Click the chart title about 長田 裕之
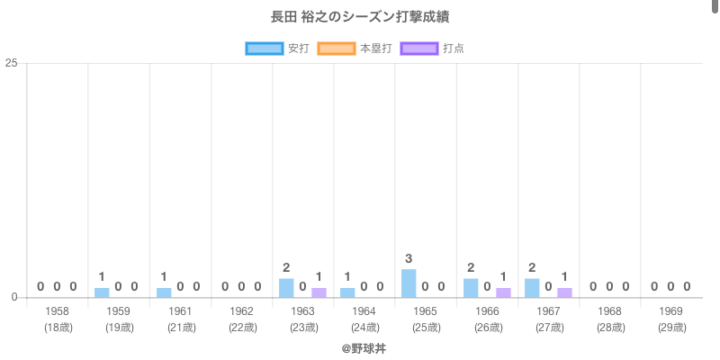tap(360, 17)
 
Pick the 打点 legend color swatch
tap(418, 49)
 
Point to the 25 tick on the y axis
tap(12, 63)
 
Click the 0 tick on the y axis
tap(14, 298)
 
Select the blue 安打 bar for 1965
tap(409, 283)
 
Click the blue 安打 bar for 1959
tap(102, 292)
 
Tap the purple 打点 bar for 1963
tap(319, 292)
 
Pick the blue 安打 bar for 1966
tap(471, 288)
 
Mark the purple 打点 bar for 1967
tap(564, 292)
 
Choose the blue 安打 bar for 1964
tap(347, 292)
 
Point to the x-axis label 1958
tap(57, 311)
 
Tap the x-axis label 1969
tap(670, 311)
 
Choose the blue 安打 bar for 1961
tap(164, 292)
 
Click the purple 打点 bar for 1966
tap(503, 292)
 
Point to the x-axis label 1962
tap(241, 311)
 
